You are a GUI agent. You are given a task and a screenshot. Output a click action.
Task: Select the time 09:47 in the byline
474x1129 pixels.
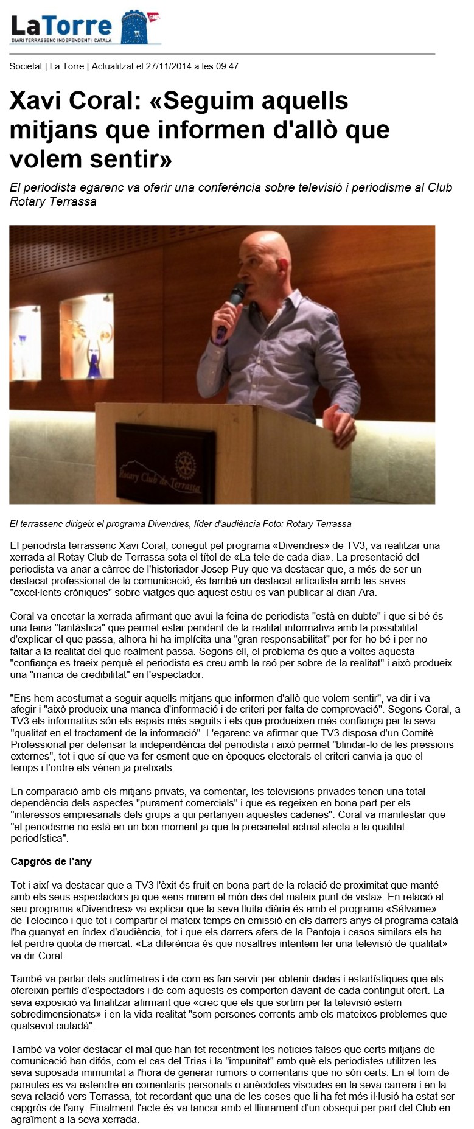click(x=227, y=66)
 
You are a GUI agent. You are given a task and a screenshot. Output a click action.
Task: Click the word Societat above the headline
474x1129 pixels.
click(x=26, y=66)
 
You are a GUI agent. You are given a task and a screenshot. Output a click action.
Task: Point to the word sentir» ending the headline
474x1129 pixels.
click(x=134, y=159)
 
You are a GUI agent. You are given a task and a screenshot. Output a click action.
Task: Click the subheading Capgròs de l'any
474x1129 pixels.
click(x=51, y=862)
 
